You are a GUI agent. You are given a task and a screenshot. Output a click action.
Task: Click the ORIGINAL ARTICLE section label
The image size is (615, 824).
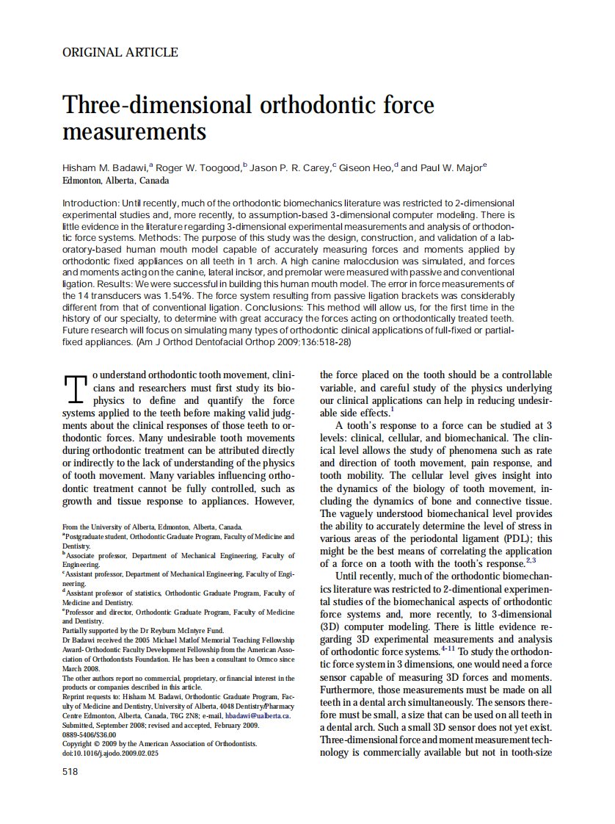[x=120, y=52]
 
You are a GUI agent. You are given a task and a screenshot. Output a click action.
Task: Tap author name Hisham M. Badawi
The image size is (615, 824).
[x=106, y=168]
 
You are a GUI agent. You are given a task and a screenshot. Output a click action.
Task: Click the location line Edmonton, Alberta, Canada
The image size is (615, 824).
[x=116, y=181]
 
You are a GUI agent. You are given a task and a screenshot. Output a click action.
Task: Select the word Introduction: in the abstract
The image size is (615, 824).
[x=90, y=203]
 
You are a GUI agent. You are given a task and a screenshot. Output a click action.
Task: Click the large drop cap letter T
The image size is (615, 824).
[x=77, y=390]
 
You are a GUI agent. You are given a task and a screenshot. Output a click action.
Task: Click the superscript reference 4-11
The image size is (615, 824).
[x=449, y=650]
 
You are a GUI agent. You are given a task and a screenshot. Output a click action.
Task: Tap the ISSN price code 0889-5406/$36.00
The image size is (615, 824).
[x=91, y=734]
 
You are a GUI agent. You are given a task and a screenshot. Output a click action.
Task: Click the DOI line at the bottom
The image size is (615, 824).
[x=110, y=753]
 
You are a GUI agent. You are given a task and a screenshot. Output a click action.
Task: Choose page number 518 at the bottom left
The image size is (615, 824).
[x=70, y=771]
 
